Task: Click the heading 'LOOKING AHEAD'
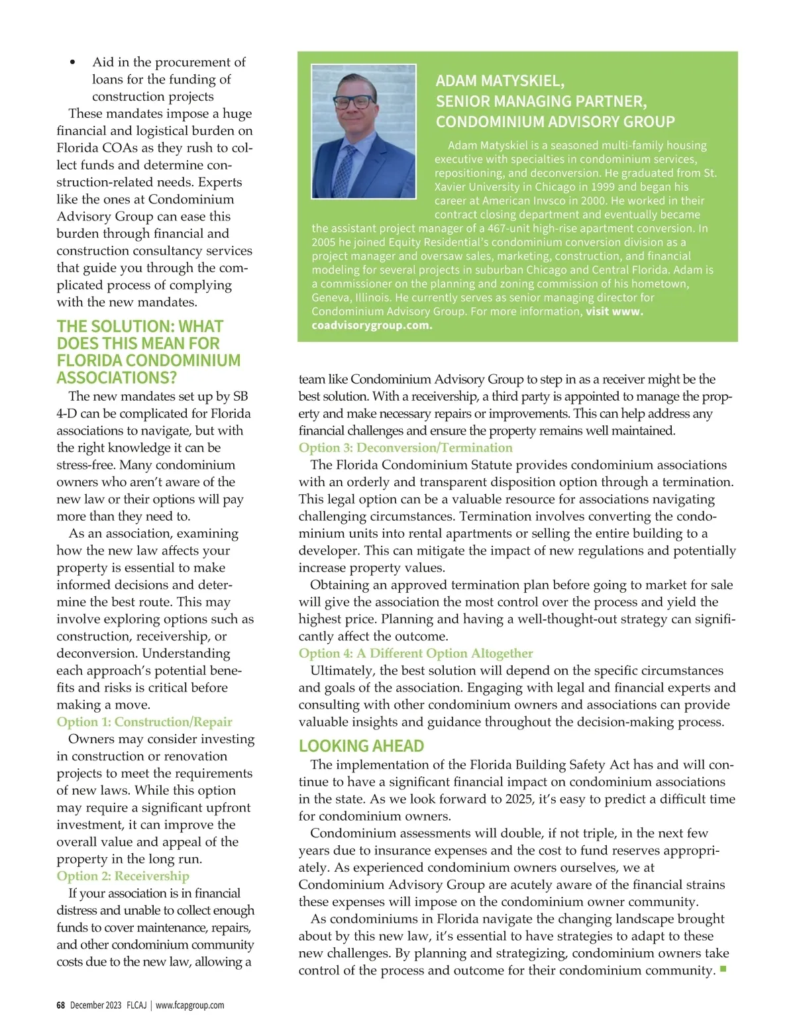click(361, 746)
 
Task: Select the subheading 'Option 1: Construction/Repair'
click(144, 722)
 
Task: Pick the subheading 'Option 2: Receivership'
click(123, 876)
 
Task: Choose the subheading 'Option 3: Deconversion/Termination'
click(396, 448)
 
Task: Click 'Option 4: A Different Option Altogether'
click(415, 654)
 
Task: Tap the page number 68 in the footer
click(60, 1006)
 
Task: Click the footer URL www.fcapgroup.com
click(189, 1006)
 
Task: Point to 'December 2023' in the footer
click(95, 1006)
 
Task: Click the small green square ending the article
click(723, 970)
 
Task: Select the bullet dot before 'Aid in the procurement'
click(73, 63)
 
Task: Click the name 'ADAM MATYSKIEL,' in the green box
click(500, 81)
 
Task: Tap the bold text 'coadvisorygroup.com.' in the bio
click(372, 325)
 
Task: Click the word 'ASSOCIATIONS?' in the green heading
click(117, 378)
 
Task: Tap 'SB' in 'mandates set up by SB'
click(240, 396)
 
